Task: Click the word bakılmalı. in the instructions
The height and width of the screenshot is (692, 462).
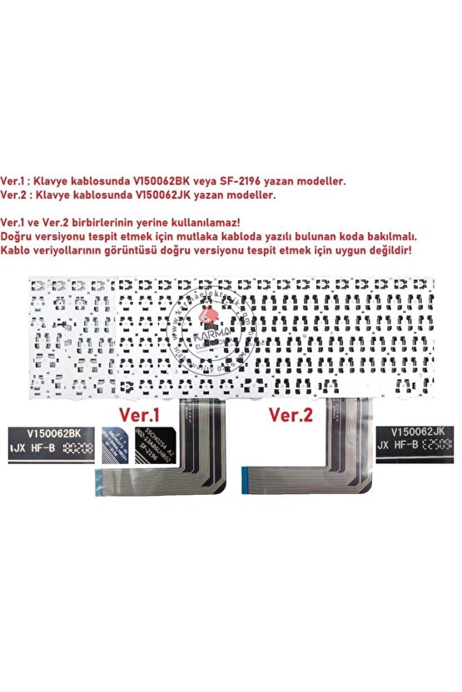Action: (400, 236)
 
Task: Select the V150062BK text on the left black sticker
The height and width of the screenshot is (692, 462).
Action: (53, 432)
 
